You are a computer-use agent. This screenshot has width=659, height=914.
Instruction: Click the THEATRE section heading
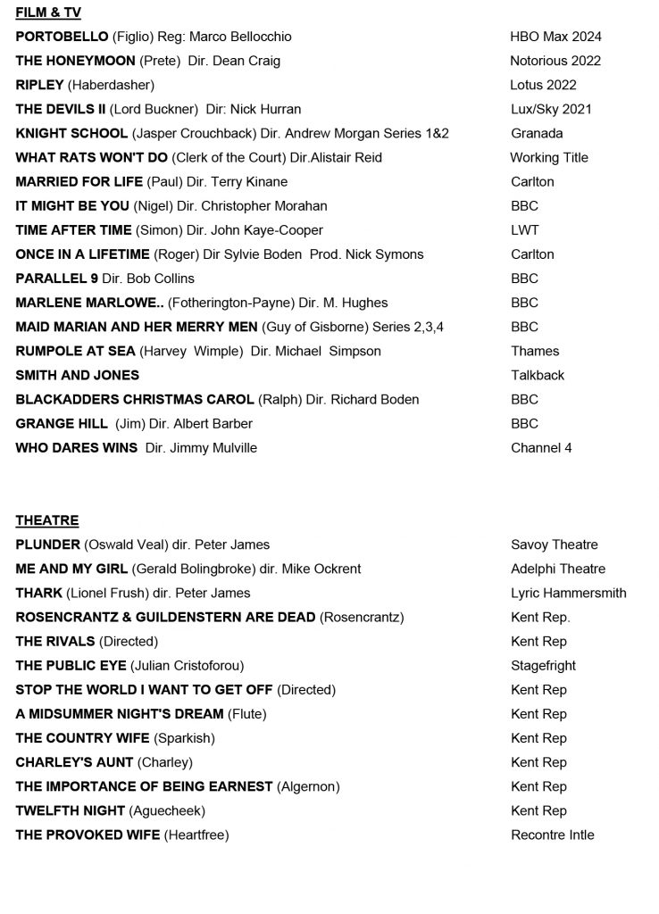click(47, 520)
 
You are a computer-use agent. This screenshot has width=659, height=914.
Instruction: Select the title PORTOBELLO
click(62, 37)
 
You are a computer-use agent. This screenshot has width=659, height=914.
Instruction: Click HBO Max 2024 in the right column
click(555, 37)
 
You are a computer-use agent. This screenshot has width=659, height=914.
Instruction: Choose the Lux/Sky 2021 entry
click(551, 109)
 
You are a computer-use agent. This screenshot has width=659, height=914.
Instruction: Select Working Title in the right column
click(548, 157)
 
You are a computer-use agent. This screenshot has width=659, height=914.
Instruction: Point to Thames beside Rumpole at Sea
click(535, 351)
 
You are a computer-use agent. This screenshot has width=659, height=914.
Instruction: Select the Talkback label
click(538, 375)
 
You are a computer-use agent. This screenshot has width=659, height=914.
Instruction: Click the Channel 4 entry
click(541, 447)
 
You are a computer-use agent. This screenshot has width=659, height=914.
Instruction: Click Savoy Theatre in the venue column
click(554, 544)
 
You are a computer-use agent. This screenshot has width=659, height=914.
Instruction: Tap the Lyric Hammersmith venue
click(568, 593)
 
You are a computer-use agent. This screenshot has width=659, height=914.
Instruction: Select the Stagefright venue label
click(543, 665)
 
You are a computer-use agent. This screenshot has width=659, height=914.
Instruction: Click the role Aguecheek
click(167, 810)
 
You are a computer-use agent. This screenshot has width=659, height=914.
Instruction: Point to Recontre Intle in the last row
click(552, 835)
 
